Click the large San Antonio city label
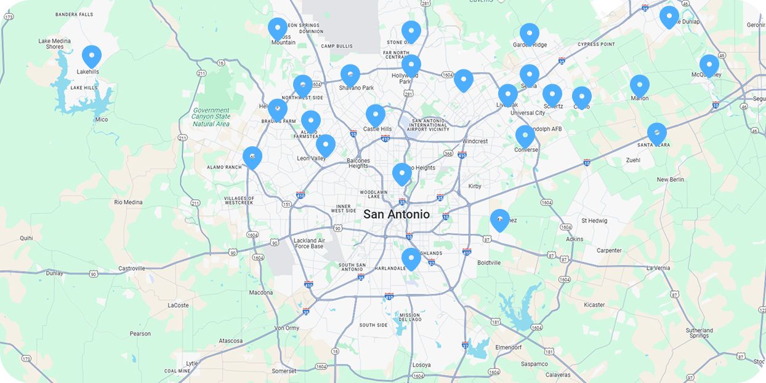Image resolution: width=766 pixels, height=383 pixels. pyautogui.click(x=397, y=215)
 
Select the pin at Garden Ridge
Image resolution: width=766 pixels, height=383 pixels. pyautogui.click(x=529, y=34)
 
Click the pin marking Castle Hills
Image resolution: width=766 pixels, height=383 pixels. pyautogui.click(x=375, y=116)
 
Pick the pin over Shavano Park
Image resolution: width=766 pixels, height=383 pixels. pyautogui.click(x=350, y=76)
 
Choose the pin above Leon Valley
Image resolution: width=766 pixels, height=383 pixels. pyautogui.click(x=325, y=146)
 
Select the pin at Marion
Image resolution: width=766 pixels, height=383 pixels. pyautogui.click(x=639, y=86)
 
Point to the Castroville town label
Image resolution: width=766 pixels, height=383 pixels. pyautogui.click(x=132, y=269)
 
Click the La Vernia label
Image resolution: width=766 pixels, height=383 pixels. pyautogui.click(x=658, y=268)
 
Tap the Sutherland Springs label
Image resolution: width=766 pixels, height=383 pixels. pyautogui.click(x=699, y=333)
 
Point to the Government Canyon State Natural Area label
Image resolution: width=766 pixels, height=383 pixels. pyautogui.click(x=211, y=116)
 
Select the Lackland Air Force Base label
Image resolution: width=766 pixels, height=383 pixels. pyautogui.click(x=309, y=243)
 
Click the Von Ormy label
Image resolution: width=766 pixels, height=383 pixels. pyautogui.click(x=287, y=328)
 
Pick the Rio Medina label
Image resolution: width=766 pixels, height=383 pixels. pyautogui.click(x=128, y=202)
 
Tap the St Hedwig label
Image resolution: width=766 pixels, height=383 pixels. pyautogui.click(x=594, y=221)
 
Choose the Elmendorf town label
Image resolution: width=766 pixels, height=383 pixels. pyautogui.click(x=509, y=347)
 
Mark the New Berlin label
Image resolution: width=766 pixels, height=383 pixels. pyautogui.click(x=671, y=180)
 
